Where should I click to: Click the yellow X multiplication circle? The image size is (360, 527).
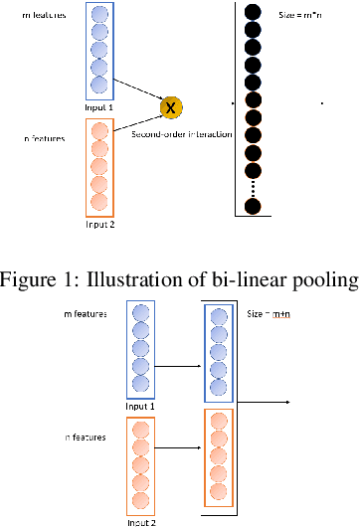[170, 106]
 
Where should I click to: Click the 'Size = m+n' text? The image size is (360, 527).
[269, 313]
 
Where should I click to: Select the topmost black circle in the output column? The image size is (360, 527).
[253, 12]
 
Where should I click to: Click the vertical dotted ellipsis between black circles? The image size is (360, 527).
[253, 186]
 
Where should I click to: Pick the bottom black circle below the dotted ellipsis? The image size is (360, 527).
[253, 206]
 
